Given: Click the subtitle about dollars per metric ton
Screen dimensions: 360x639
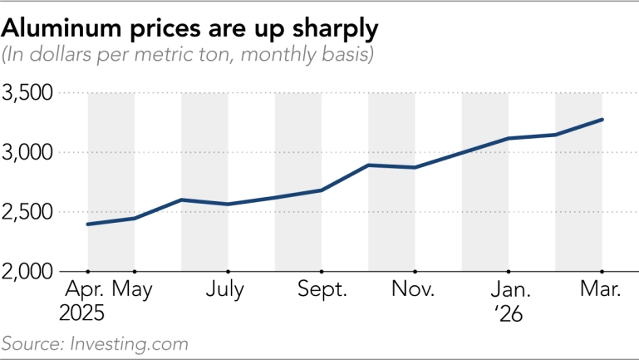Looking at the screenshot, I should pos(187,56).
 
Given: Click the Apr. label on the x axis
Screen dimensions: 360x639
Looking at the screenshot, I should pos(85,290).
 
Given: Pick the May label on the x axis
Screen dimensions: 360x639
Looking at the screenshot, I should pos(135,290).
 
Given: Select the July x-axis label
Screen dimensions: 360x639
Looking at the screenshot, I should pos(227,290).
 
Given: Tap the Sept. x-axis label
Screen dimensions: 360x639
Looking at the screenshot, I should pos(320,290).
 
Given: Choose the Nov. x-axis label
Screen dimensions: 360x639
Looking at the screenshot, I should pos(414,290).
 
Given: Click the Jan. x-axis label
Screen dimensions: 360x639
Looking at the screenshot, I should pos(508,290).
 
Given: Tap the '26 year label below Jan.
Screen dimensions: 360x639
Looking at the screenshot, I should pos(506,316).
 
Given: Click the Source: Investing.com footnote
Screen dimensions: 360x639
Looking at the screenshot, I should pos(95,343).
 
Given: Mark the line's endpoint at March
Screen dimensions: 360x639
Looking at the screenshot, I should pos(602,120).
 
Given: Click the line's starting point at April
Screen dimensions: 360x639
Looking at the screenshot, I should pos(87,224).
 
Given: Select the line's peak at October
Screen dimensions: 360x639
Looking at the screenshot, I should pos(368,165).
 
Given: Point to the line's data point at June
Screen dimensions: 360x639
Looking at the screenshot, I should pos(181,200).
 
